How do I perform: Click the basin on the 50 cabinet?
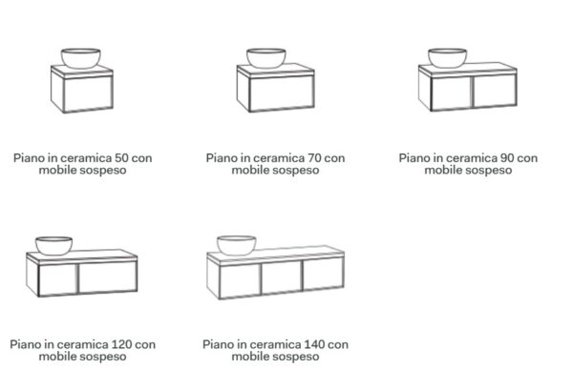(x=81, y=58)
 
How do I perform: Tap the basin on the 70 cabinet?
(x=266, y=58)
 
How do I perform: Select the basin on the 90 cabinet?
(x=447, y=58)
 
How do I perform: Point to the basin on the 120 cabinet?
(x=53, y=245)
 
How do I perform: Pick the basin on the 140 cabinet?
(x=236, y=245)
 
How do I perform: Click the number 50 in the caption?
(x=121, y=158)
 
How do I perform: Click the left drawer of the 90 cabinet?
(x=452, y=92)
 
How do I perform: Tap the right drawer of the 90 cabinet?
(x=495, y=91)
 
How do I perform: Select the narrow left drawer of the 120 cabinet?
(x=57, y=278)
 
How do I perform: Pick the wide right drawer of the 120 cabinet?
(x=108, y=277)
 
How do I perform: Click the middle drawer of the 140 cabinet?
(x=282, y=277)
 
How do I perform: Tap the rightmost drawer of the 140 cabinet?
(x=324, y=274)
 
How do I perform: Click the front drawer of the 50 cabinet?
(x=88, y=93)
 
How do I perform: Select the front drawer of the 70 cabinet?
(x=282, y=92)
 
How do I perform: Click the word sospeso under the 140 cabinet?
(x=294, y=357)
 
